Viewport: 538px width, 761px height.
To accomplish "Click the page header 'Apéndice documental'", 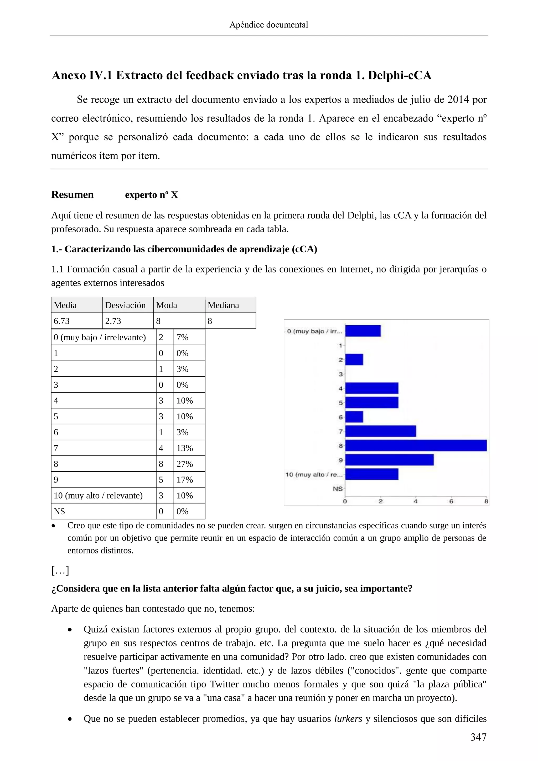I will [269, 25].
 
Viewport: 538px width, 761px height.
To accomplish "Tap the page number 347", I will [478, 737].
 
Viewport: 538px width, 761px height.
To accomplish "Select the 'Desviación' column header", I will [125, 305].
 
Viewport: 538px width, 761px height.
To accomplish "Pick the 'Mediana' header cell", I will [223, 305].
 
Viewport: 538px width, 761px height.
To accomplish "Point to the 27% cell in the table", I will [184, 464].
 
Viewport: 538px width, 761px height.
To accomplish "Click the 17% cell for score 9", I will [184, 480].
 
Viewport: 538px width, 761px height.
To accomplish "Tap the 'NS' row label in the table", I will [59, 511].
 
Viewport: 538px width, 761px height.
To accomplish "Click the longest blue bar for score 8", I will [416, 445].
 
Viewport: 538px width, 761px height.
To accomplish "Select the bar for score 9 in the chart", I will [389, 460].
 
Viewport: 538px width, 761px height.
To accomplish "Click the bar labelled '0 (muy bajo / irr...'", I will [363, 331].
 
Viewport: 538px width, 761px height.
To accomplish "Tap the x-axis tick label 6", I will [451, 501].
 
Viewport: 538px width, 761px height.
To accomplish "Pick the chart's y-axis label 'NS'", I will [337, 489].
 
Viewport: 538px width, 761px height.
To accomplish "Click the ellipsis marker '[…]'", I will [60, 570].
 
